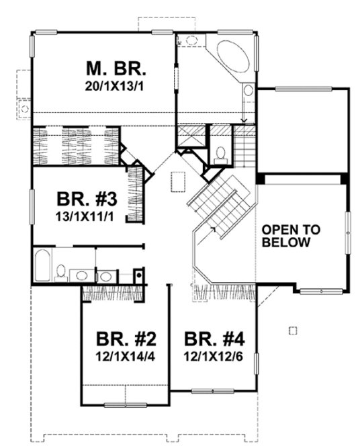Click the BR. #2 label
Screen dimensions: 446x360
click(125, 338)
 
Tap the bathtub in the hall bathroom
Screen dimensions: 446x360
click(42, 265)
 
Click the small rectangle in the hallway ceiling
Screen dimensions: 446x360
click(179, 181)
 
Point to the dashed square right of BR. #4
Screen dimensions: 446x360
click(291, 330)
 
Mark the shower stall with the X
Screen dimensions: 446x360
click(191, 136)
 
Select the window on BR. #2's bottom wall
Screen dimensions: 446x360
click(125, 404)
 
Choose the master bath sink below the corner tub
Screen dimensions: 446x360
click(247, 91)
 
